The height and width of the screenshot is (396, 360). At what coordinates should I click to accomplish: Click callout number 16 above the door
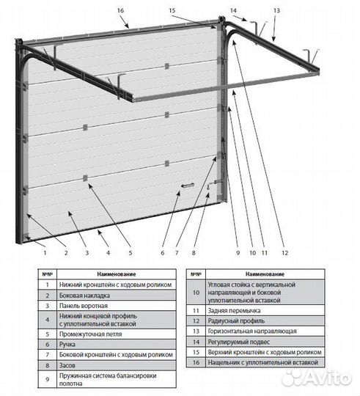click(x=121, y=10)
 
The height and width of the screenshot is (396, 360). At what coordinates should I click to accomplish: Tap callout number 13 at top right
click(x=276, y=10)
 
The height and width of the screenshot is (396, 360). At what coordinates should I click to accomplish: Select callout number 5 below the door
click(x=131, y=252)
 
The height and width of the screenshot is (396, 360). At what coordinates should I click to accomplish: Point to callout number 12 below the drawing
click(x=284, y=252)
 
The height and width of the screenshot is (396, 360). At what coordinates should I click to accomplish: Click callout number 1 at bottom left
click(x=45, y=252)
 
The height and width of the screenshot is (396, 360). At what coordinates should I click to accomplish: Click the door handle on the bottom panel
click(x=188, y=186)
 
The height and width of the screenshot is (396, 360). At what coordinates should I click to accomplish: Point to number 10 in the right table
click(x=196, y=293)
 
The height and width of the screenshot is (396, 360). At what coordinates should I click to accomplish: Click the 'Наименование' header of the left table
click(x=117, y=274)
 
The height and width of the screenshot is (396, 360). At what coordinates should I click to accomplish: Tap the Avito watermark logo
click(x=317, y=378)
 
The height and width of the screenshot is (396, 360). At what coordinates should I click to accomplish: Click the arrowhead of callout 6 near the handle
click(x=179, y=193)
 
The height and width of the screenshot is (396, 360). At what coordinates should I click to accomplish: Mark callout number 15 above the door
click(x=172, y=10)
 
